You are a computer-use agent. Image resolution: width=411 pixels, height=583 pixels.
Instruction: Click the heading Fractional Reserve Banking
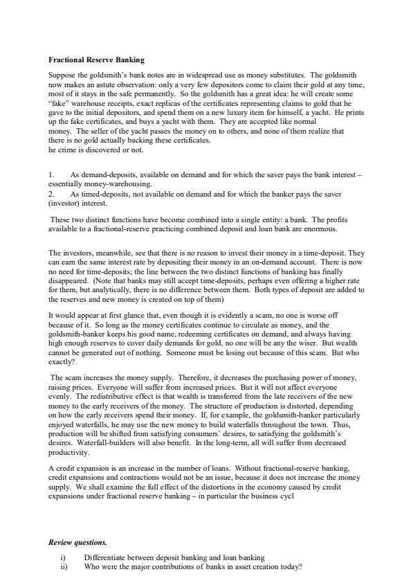(96, 60)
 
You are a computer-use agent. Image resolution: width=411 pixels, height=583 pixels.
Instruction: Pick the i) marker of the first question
(64, 557)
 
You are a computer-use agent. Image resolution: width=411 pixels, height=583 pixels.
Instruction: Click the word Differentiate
(105, 557)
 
